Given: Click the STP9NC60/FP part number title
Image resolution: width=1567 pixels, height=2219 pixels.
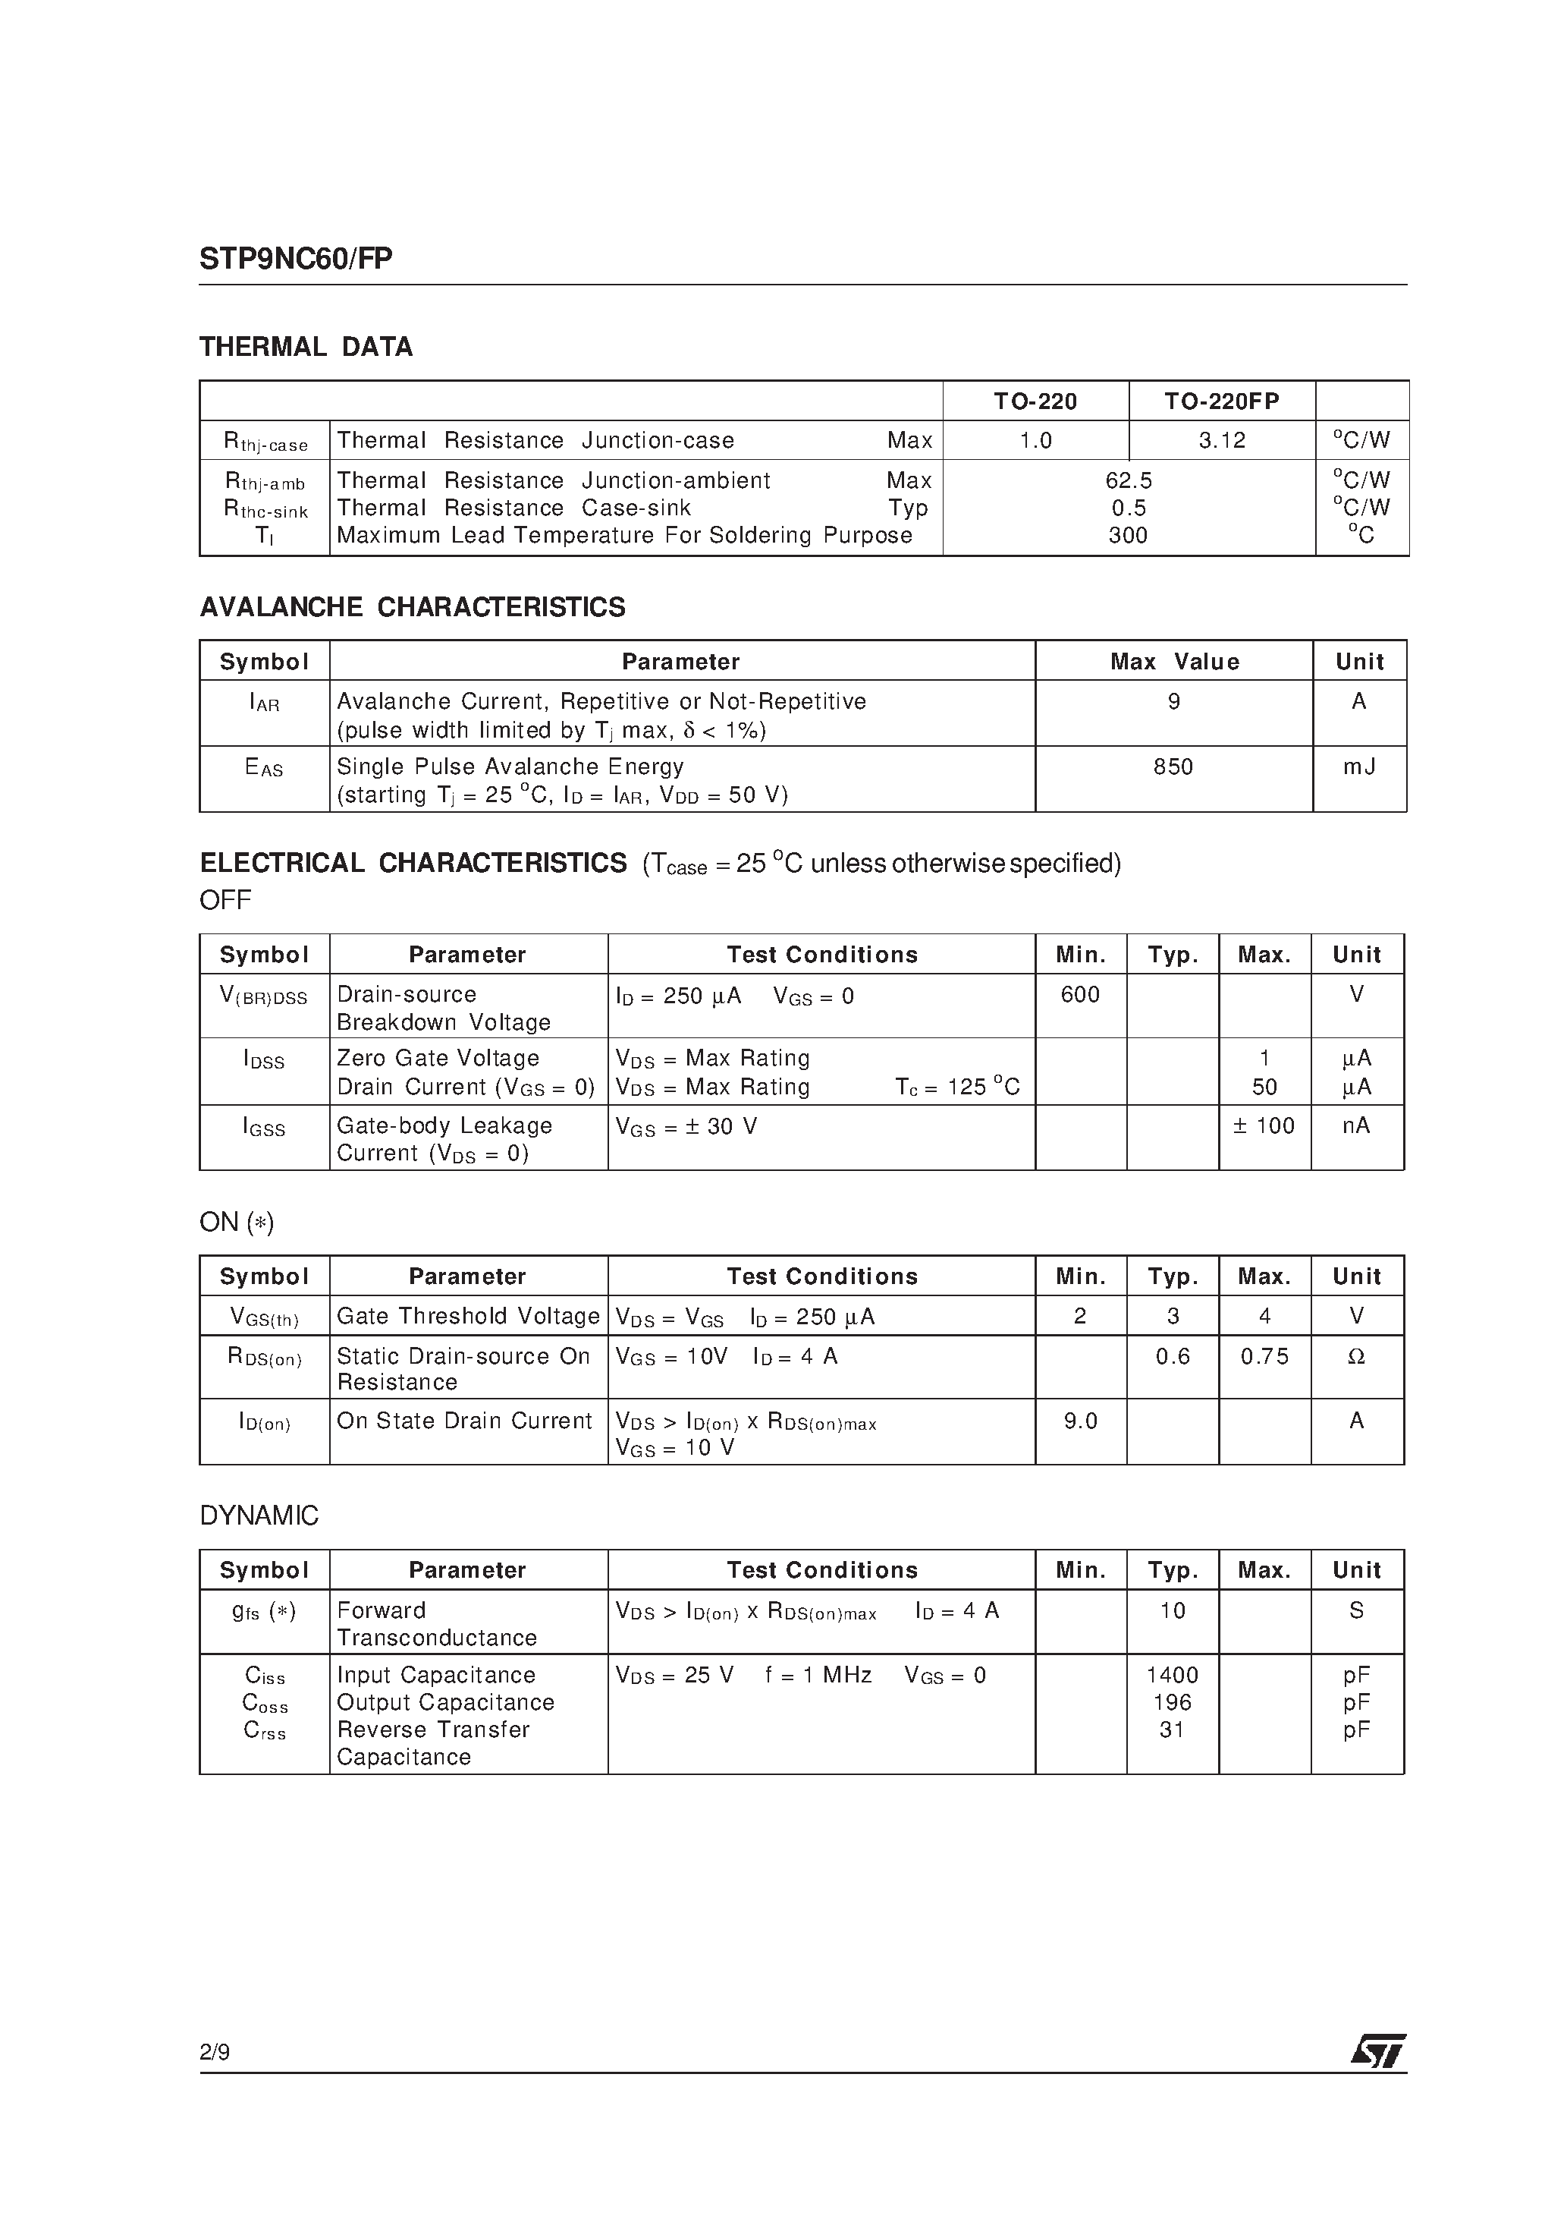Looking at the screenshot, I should tap(296, 259).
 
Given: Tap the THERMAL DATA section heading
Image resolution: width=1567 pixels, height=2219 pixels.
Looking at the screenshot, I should tap(306, 347).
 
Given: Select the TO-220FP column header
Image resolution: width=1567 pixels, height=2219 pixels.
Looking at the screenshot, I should tap(1221, 401).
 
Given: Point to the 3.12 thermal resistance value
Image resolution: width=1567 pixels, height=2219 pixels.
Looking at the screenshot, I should tap(1222, 441).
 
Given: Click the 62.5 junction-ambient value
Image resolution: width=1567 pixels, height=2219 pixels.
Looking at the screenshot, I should tap(1129, 480).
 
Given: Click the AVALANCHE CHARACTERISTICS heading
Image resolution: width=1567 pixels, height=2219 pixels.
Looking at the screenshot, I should tap(413, 607).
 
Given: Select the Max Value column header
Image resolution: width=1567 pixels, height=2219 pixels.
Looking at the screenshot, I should tap(1174, 662).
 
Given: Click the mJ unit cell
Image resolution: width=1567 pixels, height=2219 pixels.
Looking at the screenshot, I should tap(1358, 766).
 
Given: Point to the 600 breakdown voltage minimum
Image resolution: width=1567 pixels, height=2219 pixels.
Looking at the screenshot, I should tap(1080, 994).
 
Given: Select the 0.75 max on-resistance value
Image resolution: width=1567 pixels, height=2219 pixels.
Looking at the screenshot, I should tap(1264, 1356).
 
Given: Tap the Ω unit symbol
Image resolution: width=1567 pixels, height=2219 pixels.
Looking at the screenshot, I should tap(1356, 1356).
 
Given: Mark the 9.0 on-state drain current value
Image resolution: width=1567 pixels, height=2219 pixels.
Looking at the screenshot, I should tap(1080, 1421).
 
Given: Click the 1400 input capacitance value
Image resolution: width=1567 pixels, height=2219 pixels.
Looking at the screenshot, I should tap(1172, 1675).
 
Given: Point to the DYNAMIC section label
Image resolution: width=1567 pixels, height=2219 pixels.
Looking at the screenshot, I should tap(259, 1516).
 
